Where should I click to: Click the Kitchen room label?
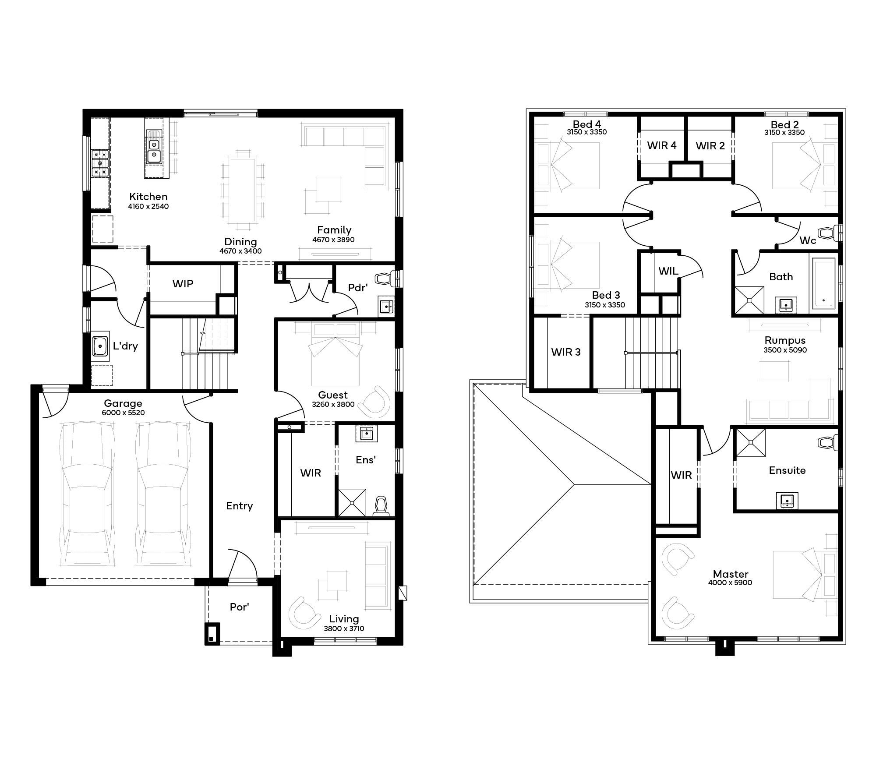(x=148, y=197)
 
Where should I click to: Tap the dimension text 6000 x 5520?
(x=123, y=413)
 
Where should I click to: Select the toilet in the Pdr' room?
(x=385, y=279)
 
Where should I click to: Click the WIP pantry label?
(x=183, y=284)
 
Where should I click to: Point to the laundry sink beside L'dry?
(x=100, y=346)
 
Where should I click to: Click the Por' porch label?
(x=239, y=607)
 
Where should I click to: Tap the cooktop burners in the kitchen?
(x=100, y=163)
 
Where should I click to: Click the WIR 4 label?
(x=662, y=145)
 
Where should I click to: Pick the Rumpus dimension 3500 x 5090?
(x=785, y=350)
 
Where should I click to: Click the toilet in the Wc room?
(x=827, y=233)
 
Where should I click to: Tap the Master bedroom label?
(x=730, y=574)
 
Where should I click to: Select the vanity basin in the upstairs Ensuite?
(x=787, y=500)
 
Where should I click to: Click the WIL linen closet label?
(x=668, y=271)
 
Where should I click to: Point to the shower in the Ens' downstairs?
(x=352, y=503)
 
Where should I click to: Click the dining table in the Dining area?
(x=243, y=190)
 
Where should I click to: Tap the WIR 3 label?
(x=565, y=352)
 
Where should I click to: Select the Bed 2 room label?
(x=784, y=125)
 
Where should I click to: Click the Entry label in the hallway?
(x=239, y=506)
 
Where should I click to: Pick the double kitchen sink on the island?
(x=154, y=150)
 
